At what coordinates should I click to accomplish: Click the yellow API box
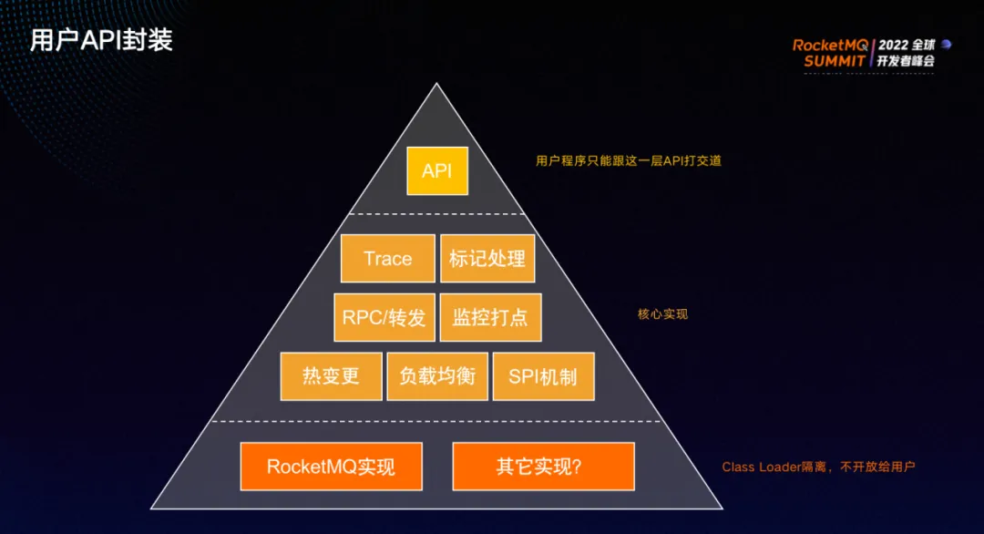pyautogui.click(x=437, y=170)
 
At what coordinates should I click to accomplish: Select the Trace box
pyautogui.click(x=387, y=258)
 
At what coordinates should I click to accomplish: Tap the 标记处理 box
pyautogui.click(x=487, y=258)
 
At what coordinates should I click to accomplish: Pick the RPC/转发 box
pyautogui.click(x=384, y=317)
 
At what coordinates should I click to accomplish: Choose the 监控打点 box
pyautogui.click(x=490, y=317)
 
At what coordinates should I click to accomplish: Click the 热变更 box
pyautogui.click(x=331, y=375)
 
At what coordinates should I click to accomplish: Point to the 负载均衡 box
pyautogui.click(x=437, y=375)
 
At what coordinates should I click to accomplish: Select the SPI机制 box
pyautogui.click(x=543, y=375)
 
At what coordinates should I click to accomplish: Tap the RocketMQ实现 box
pyautogui.click(x=331, y=467)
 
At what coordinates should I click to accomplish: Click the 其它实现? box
pyautogui.click(x=543, y=467)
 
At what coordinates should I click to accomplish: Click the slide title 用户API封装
pyautogui.click(x=101, y=41)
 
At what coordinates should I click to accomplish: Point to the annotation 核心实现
pyautogui.click(x=662, y=314)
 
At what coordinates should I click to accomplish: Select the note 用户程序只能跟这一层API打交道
pyautogui.click(x=634, y=160)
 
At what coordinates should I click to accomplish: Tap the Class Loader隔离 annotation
pyautogui.click(x=818, y=467)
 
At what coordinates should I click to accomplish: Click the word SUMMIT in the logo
pyautogui.click(x=835, y=61)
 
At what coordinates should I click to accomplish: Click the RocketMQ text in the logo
pyautogui.click(x=831, y=45)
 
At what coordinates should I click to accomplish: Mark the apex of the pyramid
pyautogui.click(x=437, y=86)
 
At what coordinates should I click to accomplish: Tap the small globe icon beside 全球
pyautogui.click(x=946, y=44)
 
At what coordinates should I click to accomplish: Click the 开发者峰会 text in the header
pyautogui.click(x=906, y=61)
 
